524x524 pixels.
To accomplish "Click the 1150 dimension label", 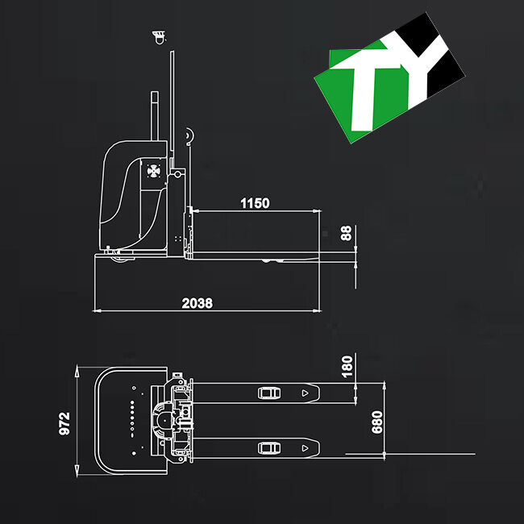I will (x=255, y=203).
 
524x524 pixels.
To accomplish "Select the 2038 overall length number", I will (x=197, y=303).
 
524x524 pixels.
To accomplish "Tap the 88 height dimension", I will (x=347, y=233).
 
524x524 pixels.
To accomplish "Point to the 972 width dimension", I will (x=65, y=423).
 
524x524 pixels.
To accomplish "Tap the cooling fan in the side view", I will (x=153, y=172).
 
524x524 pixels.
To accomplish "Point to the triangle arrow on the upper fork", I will (x=305, y=393).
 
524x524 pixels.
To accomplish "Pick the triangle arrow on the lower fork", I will (x=305, y=447).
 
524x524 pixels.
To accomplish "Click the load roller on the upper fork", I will (x=267, y=393).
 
